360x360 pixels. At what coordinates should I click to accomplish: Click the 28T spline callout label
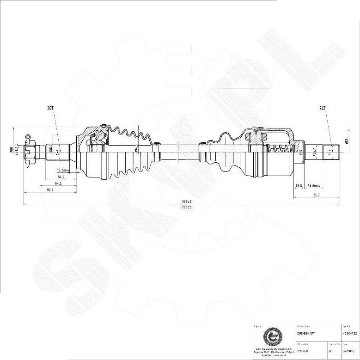[50, 108]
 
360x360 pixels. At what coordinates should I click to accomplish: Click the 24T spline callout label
[323, 108]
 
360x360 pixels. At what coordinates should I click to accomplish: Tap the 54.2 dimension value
[61, 177]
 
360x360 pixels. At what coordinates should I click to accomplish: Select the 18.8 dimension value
[299, 186]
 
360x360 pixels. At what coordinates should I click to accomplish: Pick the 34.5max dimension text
[314, 186]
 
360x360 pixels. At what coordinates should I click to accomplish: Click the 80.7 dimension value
[316, 195]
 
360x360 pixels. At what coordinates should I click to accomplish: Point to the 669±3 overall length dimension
[186, 202]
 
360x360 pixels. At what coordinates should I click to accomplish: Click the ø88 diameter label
[11, 150]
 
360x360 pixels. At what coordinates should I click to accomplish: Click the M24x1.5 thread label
[17, 149]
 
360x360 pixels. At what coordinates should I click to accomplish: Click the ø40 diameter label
[301, 151]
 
